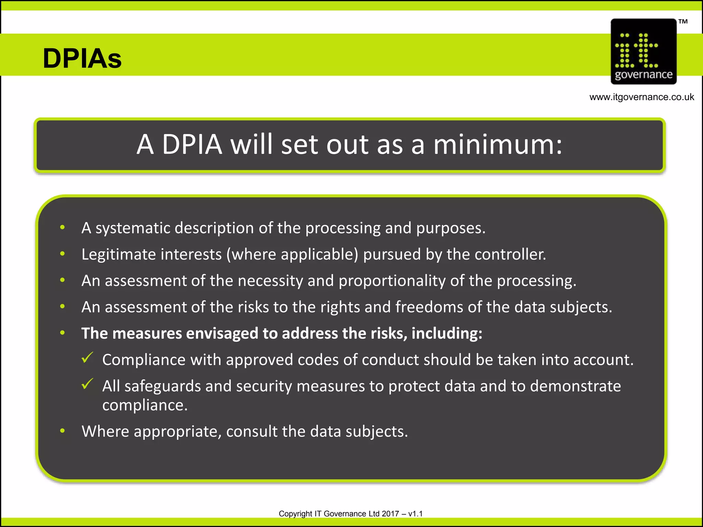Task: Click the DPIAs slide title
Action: click(x=82, y=58)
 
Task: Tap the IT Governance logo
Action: click(x=643, y=51)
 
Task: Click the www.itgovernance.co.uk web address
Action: click(x=642, y=97)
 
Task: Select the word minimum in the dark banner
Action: click(x=497, y=144)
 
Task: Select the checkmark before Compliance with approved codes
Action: click(x=88, y=358)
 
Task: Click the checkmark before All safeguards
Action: click(x=88, y=384)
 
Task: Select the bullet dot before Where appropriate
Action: click(x=62, y=431)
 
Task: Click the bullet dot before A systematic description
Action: click(x=62, y=227)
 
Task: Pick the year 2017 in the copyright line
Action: click(x=390, y=514)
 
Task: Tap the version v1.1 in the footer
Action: click(x=415, y=514)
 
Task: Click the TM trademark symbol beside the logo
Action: click(x=683, y=22)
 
